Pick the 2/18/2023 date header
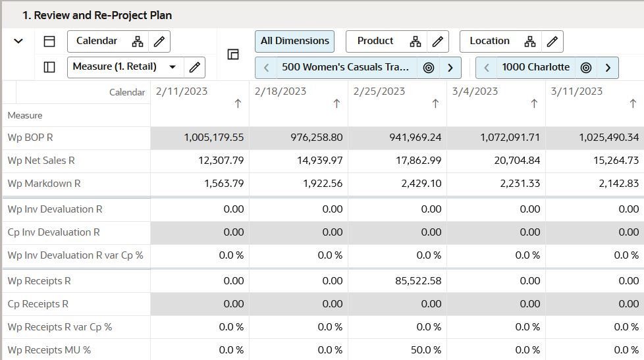(280, 91)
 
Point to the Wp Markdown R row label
(43, 184)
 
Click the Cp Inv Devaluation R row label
(55, 232)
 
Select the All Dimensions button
(294, 41)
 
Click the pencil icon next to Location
(552, 41)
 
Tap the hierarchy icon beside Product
(415, 41)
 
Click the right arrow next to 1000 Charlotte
(608, 67)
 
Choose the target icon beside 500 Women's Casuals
(429, 67)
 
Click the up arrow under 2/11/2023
(238, 103)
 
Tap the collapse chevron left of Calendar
(18, 41)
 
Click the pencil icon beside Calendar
(159, 41)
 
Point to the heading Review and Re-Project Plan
(97, 14)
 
